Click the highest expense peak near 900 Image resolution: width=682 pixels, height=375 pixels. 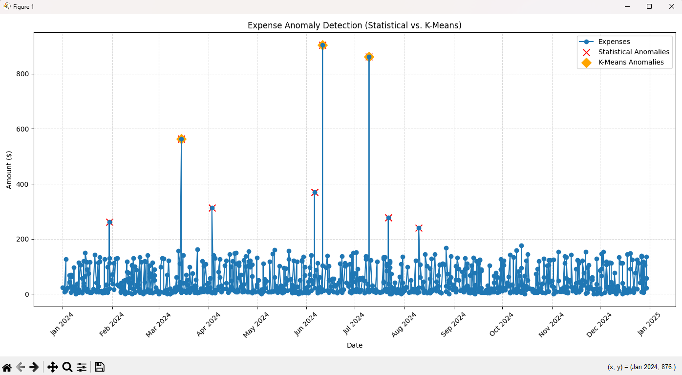click(322, 45)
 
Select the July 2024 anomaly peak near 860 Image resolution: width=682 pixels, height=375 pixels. click(369, 57)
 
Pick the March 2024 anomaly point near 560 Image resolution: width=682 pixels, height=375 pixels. click(181, 139)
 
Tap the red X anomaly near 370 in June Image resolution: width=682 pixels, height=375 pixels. click(315, 192)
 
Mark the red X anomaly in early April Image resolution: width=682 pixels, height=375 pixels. click(212, 208)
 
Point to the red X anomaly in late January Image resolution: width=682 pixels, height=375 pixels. click(109, 222)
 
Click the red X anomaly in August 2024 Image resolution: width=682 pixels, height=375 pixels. click(419, 228)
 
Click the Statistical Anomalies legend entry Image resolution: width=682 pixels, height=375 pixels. click(634, 52)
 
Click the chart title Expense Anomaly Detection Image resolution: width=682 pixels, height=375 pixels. click(354, 25)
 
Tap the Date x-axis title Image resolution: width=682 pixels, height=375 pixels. click(354, 345)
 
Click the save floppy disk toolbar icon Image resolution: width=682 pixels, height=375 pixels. click(100, 367)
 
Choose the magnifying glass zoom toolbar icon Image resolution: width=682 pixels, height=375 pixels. click(67, 367)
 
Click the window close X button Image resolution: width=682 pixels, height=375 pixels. click(671, 6)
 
